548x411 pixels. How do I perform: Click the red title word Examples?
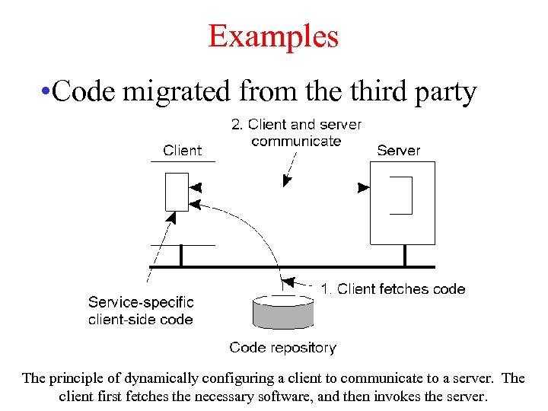[x=273, y=36]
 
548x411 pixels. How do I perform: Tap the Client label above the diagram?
[x=183, y=150]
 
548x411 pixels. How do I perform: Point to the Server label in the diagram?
[x=398, y=150]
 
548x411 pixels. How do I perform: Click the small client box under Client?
[x=177, y=192]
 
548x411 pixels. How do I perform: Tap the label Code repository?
[x=282, y=348]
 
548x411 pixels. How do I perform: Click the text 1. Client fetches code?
[x=393, y=288]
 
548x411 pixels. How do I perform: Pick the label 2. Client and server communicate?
[x=296, y=132]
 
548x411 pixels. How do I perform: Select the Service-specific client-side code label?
[x=141, y=311]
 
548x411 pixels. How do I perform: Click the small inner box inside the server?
[x=400, y=196]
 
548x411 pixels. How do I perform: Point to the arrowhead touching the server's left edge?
[x=364, y=187]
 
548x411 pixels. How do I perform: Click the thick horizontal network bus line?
[x=304, y=267]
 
